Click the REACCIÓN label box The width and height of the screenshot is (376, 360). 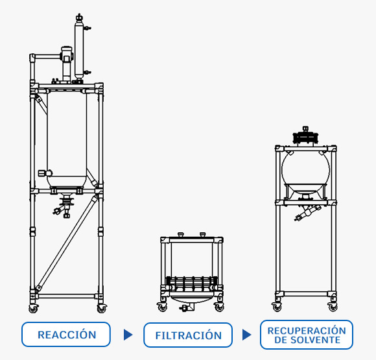(x=66, y=334)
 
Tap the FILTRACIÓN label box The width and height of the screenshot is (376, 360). (x=188, y=335)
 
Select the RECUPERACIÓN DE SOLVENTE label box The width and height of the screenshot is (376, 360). (x=307, y=335)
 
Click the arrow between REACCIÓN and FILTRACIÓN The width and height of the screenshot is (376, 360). (x=128, y=335)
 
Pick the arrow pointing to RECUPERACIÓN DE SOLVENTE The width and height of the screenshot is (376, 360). (x=246, y=335)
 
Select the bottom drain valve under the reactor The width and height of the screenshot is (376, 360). (x=64, y=206)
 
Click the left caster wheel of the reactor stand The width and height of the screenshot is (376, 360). (x=33, y=308)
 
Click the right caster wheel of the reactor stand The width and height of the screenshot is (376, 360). (x=101, y=308)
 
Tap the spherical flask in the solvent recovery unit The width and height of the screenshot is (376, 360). (x=306, y=170)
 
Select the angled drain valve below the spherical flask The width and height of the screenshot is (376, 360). (x=307, y=212)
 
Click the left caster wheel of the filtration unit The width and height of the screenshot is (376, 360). (x=162, y=307)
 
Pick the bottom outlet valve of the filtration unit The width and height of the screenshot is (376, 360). (x=187, y=307)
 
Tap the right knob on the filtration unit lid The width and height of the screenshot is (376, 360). (x=203, y=234)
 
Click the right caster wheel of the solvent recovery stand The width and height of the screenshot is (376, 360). (x=333, y=306)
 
